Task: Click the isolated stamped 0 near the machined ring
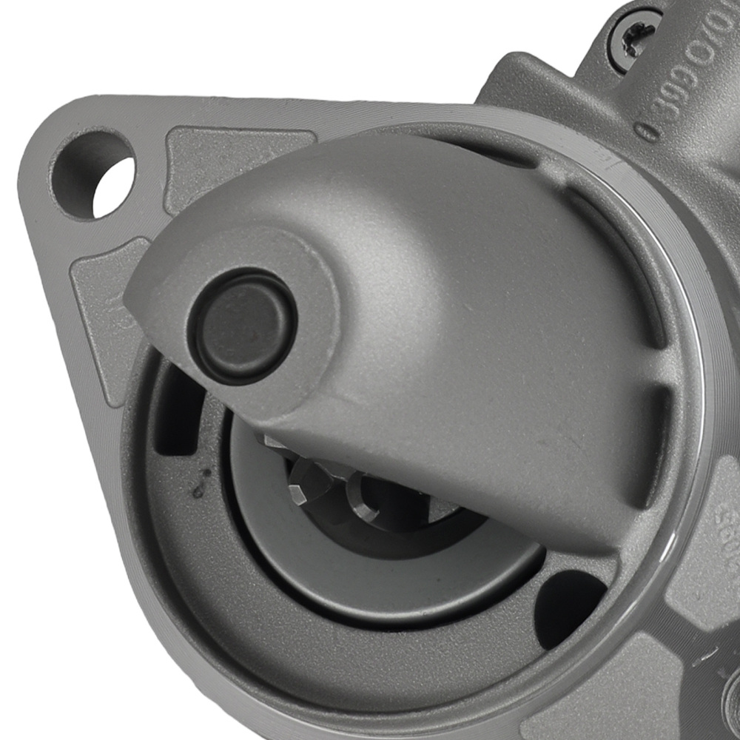[645, 132]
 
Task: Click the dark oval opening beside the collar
[570, 599]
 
